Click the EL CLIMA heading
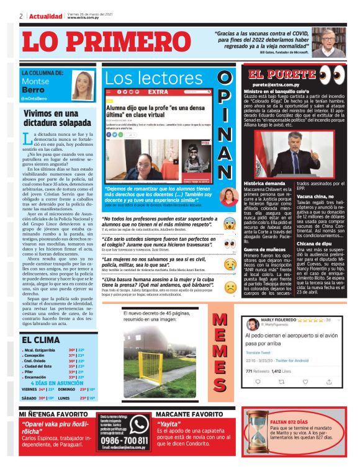[x=41, y=340]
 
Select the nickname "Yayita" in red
[x=169, y=425]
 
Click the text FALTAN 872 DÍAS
[x=291, y=421]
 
